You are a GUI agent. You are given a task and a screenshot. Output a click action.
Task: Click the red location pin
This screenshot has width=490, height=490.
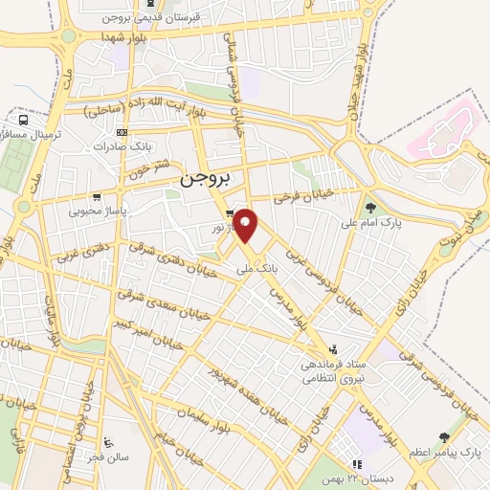point(247,226)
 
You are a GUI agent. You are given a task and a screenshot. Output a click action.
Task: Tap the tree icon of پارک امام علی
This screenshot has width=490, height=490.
point(371,206)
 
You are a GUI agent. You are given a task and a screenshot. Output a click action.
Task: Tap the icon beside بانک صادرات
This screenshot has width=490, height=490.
point(121,132)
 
